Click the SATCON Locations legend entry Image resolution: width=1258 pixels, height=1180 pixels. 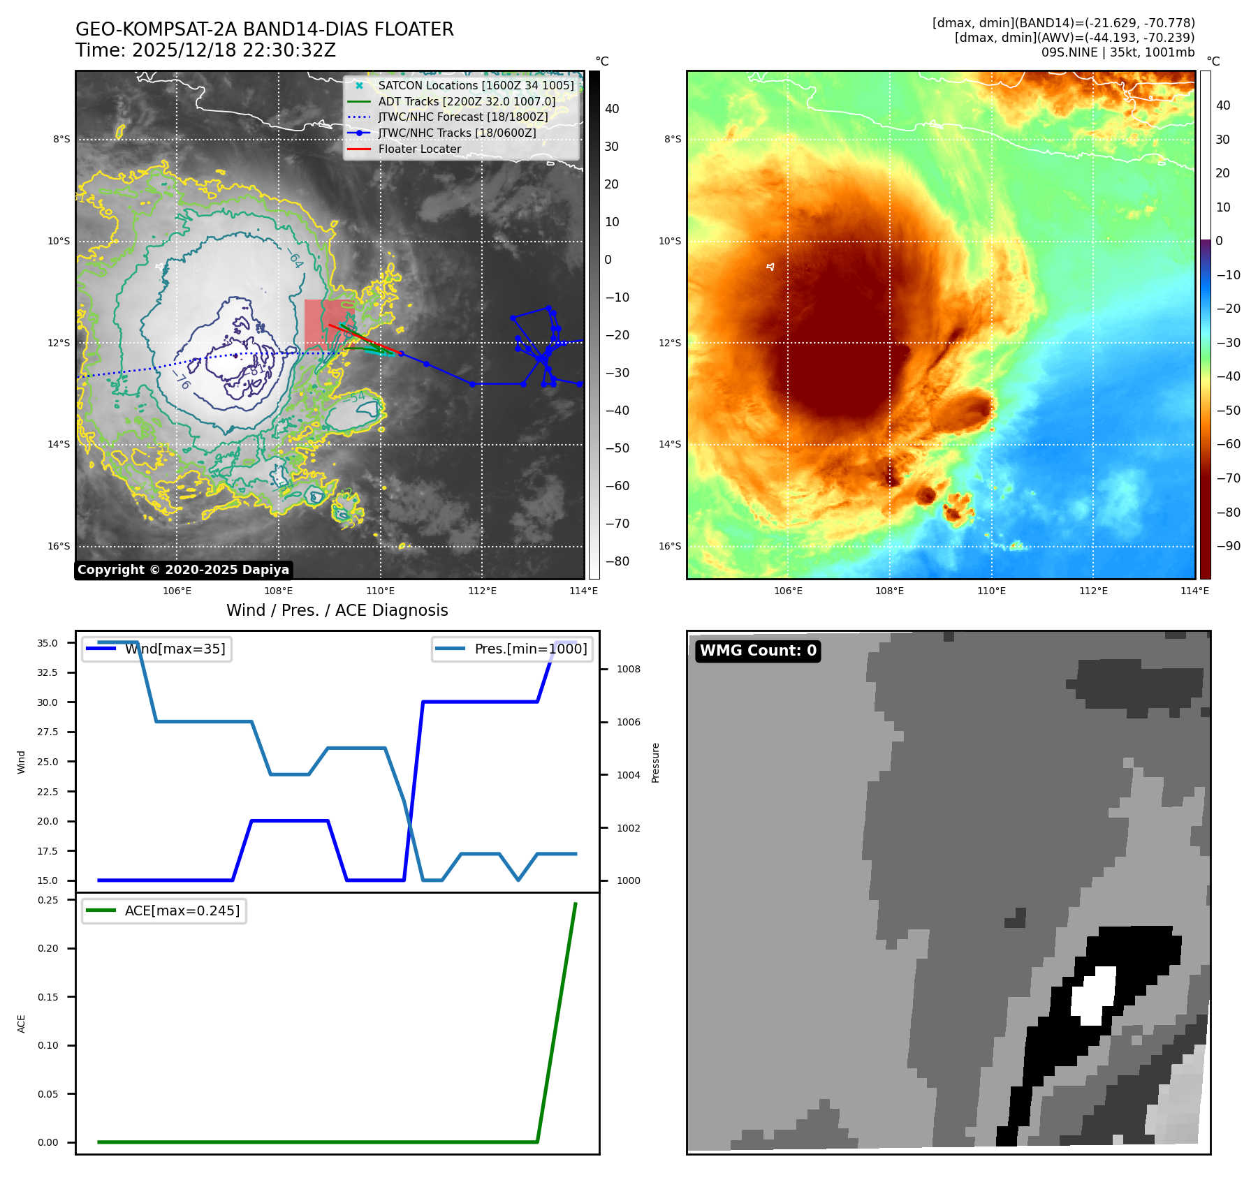pos(476,85)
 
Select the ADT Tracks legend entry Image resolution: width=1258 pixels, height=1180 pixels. pos(467,101)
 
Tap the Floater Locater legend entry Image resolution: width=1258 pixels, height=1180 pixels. pos(419,149)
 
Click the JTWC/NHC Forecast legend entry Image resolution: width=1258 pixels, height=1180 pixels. pos(462,117)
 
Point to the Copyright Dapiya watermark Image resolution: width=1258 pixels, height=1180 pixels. pos(183,570)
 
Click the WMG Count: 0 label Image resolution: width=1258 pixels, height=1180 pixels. pos(758,651)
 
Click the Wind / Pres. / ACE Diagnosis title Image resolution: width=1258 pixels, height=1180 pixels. pos(337,610)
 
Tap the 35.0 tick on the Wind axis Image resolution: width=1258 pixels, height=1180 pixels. pos(47,643)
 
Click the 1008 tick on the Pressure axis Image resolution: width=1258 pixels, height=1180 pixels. pos(629,669)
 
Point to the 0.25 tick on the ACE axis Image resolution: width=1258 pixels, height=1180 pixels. pos(47,900)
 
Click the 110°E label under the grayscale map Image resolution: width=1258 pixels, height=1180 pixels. pos(381,591)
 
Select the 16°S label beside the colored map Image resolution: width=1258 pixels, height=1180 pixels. pos(670,546)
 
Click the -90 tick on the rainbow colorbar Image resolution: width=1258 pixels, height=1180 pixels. pos(1228,546)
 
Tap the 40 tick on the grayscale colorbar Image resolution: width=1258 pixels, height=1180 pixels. pos(612,109)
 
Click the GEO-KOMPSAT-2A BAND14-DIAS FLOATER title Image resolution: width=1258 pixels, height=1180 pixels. pos(265,29)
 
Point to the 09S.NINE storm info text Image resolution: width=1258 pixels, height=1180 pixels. pos(1118,52)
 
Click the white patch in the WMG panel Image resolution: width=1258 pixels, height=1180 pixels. pos(1094,994)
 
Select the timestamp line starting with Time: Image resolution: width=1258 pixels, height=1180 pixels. pos(206,50)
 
